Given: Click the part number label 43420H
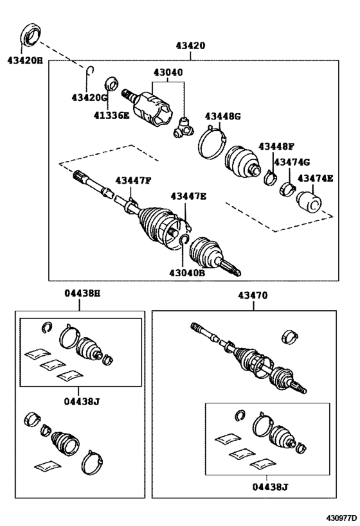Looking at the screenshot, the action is pos(25,61).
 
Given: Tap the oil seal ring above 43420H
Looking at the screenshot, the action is pos(32,34).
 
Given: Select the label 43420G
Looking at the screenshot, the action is pos(89,98).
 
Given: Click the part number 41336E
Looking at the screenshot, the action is pos(111,116).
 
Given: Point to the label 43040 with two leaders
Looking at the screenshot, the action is pos(168,72).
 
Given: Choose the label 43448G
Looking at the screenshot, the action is pos(223,116).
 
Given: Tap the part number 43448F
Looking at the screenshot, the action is pos(276,146).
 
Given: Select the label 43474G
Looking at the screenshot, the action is pos(292,162).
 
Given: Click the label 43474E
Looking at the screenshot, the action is pos(316,178).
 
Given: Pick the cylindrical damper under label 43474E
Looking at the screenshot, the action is pos(309,202).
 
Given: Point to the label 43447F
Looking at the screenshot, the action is pos(133,180).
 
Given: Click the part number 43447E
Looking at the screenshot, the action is pos(188,197).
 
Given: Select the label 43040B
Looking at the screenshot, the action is pos(186,273).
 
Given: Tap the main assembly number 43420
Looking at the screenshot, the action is pos(190,46).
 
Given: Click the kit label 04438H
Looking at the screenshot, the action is pos(83,294).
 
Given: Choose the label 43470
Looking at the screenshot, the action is pos(253,295).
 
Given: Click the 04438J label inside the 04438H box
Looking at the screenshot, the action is pos(82,401).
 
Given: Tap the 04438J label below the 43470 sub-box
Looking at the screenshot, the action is pos(271,487).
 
